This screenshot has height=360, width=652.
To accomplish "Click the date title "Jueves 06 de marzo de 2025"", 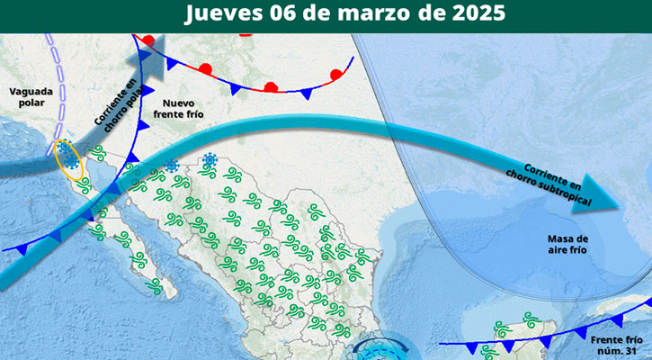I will (344, 13).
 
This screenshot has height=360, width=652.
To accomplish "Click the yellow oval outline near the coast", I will (69, 159).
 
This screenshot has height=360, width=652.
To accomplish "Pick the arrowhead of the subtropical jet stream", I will (621, 205).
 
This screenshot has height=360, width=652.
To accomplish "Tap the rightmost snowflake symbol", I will (210, 160).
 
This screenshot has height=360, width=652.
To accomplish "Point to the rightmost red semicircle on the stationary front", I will (336, 75).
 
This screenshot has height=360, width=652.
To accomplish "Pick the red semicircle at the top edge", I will (246, 33).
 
